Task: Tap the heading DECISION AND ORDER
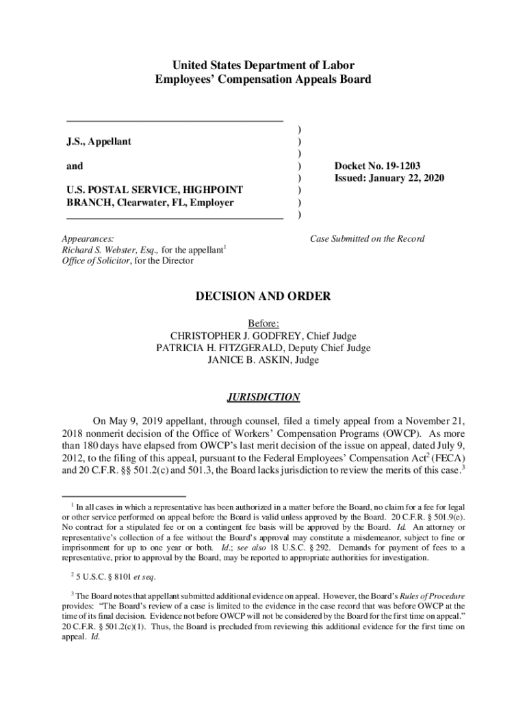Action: (x=263, y=296)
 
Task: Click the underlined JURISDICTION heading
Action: (x=263, y=397)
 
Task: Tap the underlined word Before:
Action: (x=263, y=324)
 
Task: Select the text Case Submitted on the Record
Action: (x=367, y=239)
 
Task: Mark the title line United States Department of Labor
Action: (x=263, y=66)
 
